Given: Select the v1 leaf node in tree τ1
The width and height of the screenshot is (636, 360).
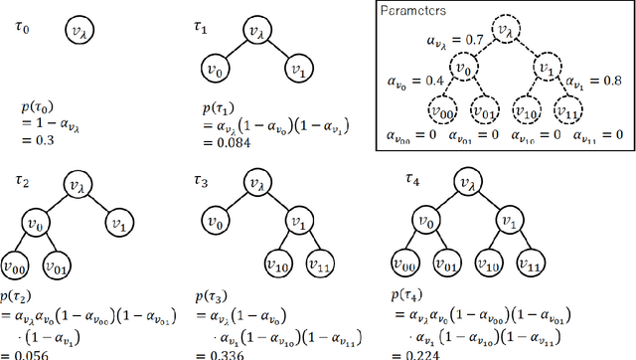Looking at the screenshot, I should (296, 71).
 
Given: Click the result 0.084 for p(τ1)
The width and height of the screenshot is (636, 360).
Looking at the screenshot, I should (233, 142).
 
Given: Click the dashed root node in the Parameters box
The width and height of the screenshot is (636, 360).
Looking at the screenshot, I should (509, 33).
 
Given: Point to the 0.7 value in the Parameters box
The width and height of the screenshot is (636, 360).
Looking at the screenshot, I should (473, 40).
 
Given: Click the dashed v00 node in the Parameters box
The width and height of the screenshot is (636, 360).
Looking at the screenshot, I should (442, 110).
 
